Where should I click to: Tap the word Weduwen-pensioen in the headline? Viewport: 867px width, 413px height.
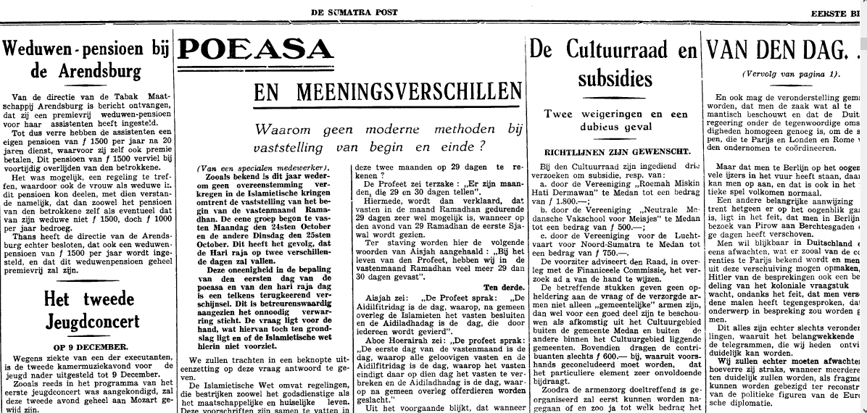point(71,50)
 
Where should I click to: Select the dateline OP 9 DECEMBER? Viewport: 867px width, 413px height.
point(86,346)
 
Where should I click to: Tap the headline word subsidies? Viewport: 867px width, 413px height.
point(615,78)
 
